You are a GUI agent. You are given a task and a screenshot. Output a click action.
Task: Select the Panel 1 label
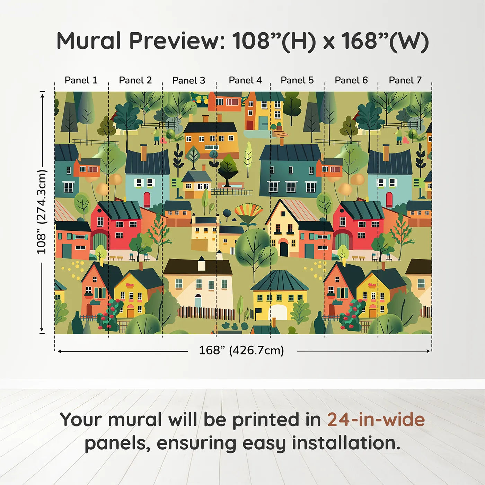pyautogui.click(x=81, y=80)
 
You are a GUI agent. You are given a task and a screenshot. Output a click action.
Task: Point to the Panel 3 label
pyautogui.click(x=189, y=81)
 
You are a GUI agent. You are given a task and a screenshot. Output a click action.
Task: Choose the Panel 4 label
pyautogui.click(x=245, y=80)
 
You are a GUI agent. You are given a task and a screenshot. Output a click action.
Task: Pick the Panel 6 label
pyautogui.click(x=351, y=80)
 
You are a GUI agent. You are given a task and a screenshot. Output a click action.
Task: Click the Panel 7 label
pyautogui.click(x=405, y=80)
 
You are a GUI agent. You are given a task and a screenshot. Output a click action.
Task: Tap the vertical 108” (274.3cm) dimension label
pyautogui.click(x=42, y=212)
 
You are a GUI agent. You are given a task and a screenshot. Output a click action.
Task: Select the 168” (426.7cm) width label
pyautogui.click(x=241, y=351)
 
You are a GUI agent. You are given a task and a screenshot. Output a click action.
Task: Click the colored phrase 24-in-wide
pyautogui.click(x=376, y=420)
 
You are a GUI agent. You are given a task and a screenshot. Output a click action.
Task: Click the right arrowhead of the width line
pyautogui.click(x=429, y=351)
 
